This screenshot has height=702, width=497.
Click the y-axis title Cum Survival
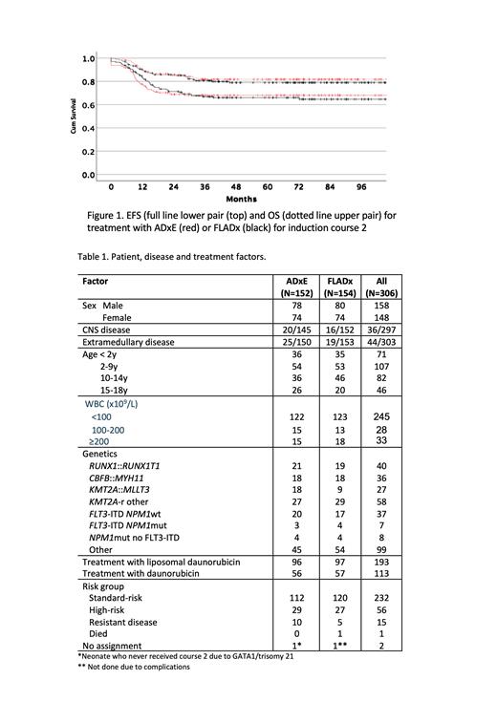pos(73,117)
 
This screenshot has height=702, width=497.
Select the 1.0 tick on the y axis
pos(88,58)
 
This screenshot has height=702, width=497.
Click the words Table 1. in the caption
pos(96,256)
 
